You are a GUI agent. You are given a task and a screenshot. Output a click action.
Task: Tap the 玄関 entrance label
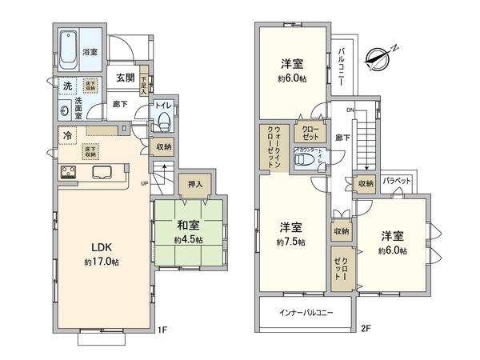tap(124, 78)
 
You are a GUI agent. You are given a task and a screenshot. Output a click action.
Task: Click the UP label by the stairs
tap(144, 182)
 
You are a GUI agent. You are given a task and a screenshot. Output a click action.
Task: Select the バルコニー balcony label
tap(341, 61)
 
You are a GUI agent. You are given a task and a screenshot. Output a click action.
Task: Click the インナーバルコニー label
tap(306, 312)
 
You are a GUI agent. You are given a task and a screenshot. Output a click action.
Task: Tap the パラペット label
tap(397, 181)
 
